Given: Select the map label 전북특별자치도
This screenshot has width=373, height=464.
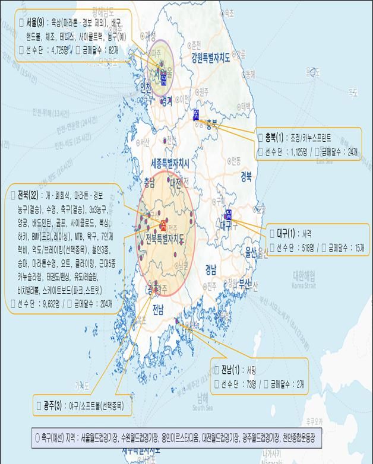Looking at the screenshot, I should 172,238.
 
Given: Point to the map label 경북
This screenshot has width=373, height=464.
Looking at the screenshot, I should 246,176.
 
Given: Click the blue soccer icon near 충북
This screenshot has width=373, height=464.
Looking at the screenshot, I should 197,115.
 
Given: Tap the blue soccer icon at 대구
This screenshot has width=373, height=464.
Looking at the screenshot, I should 229,214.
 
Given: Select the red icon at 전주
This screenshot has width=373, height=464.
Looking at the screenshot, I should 163,224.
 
